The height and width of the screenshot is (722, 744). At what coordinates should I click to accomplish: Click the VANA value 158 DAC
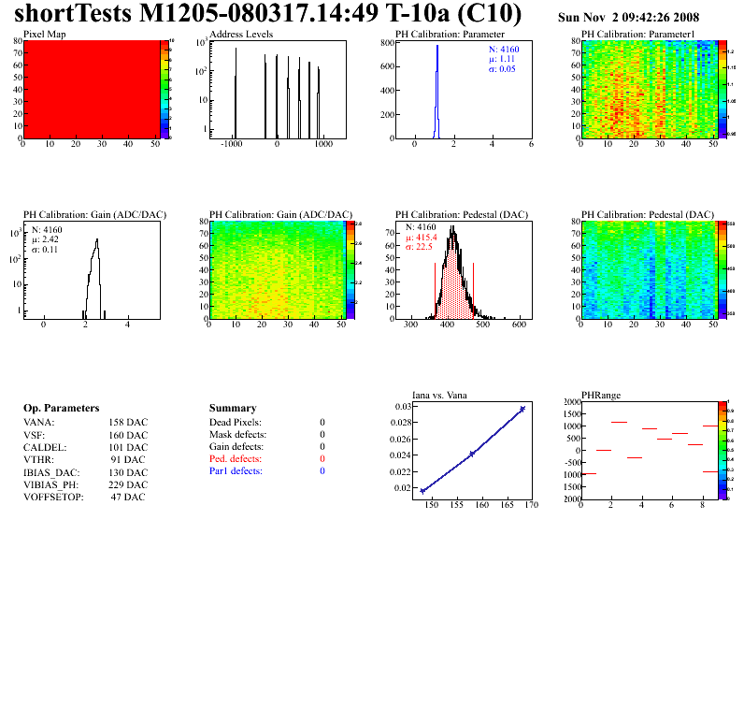coord(127,423)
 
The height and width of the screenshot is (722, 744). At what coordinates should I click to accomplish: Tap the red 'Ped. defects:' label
coord(236,459)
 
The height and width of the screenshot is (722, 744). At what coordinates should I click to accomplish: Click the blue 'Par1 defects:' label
coord(236,471)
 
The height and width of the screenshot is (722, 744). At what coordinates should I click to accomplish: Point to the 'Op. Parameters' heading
coord(61,409)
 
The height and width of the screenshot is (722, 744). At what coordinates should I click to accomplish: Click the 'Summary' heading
coord(233,409)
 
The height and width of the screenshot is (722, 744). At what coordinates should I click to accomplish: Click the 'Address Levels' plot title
coord(240,35)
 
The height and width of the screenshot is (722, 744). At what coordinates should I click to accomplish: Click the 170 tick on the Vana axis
coord(532,505)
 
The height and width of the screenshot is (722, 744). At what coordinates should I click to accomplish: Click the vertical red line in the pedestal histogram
coord(474,285)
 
